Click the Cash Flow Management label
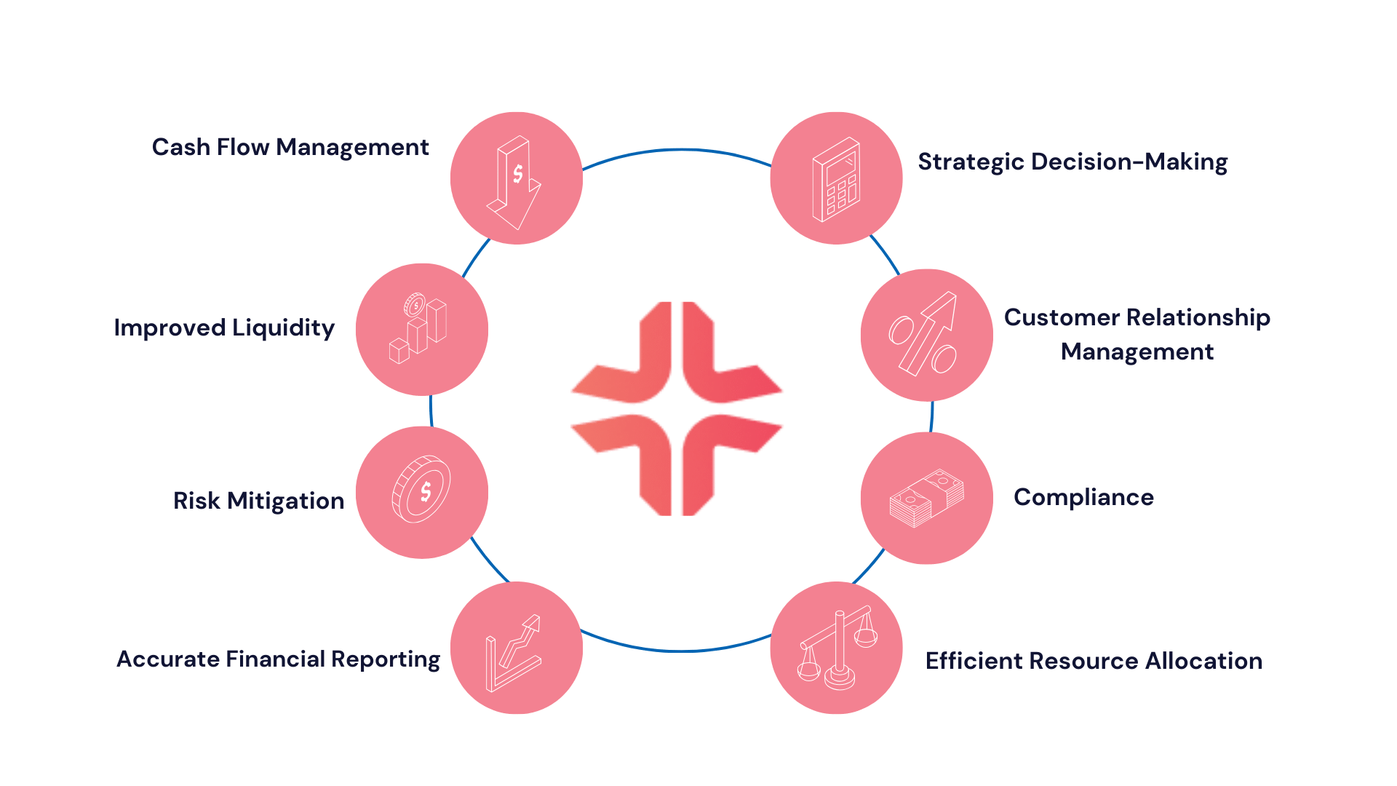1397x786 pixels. coord(290,148)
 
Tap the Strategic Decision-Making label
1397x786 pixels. coord(1072,162)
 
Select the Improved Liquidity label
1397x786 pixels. coord(224,328)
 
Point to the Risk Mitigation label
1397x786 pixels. coord(258,501)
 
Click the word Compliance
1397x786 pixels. coord(1083,498)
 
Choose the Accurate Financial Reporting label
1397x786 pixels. coord(278,659)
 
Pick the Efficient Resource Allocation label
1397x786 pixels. coord(1094,661)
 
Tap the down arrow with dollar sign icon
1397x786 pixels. coord(516,181)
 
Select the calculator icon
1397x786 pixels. coord(836,180)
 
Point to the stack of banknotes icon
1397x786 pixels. coord(926,499)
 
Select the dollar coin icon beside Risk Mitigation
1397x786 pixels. coord(421,490)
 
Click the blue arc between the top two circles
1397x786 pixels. coord(677,151)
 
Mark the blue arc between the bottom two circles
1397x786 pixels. coord(677,650)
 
